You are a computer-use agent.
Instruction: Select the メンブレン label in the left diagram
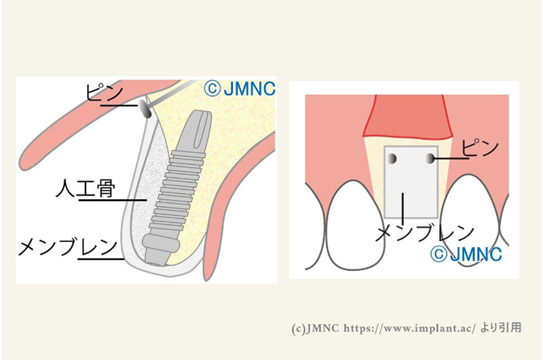click(x=67, y=247)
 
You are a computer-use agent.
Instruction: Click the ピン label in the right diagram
click(x=480, y=148)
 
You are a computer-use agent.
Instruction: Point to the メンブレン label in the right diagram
click(x=425, y=232)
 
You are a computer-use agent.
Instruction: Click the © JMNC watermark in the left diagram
click(x=240, y=89)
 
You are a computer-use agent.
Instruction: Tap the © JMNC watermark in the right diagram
click(x=466, y=254)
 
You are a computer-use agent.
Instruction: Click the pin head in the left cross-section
click(x=145, y=109)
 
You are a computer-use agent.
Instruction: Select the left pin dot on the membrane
click(x=392, y=158)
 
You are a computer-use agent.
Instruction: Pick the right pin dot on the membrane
click(x=430, y=159)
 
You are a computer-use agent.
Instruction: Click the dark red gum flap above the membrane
click(x=409, y=117)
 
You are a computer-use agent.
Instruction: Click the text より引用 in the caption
click(x=501, y=327)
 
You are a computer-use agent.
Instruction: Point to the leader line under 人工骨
click(x=113, y=200)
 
